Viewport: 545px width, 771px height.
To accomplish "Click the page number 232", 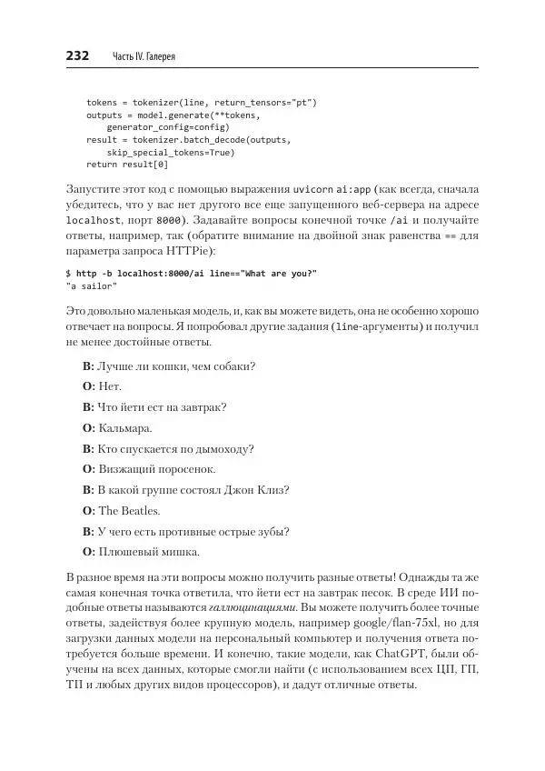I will (x=77, y=56).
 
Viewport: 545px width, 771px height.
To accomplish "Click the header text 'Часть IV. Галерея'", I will (x=143, y=57).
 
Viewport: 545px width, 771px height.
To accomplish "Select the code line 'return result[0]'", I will (x=127, y=165).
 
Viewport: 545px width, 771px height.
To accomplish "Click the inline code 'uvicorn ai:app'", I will (x=332, y=189).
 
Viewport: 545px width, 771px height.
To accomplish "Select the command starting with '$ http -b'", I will (x=192, y=274).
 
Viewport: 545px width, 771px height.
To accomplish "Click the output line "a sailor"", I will (x=92, y=285).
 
